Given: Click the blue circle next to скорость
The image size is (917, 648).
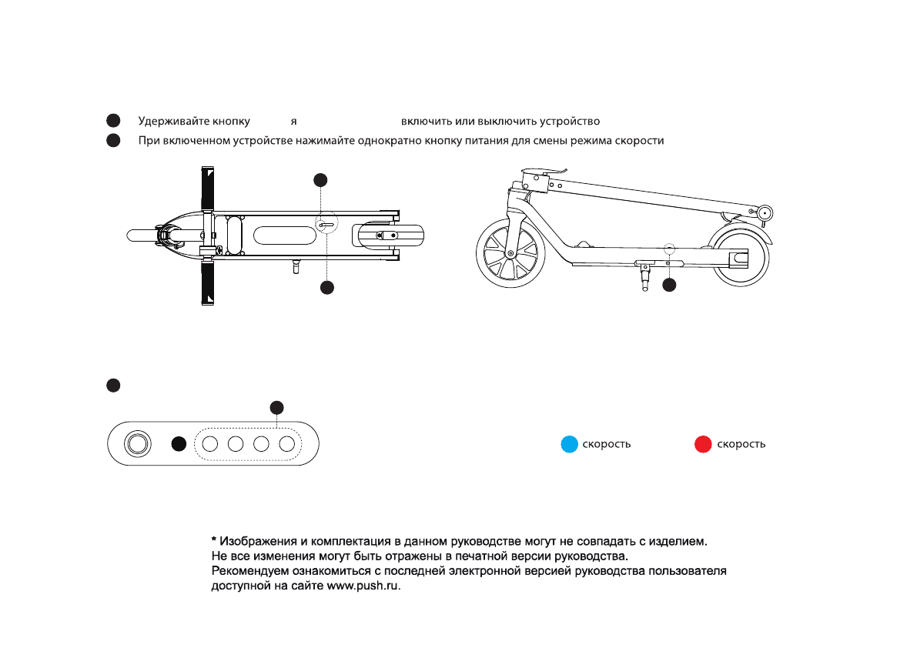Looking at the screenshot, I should (x=569, y=444).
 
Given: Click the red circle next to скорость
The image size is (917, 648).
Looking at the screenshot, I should (x=702, y=444).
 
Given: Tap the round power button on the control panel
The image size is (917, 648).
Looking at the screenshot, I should (x=138, y=444).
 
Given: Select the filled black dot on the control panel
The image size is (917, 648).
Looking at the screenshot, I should (x=179, y=444).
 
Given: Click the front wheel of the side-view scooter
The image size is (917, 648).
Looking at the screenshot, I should (x=510, y=253).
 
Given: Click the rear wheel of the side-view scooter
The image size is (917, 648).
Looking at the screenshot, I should (x=738, y=257).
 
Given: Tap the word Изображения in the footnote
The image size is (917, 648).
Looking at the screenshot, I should (x=256, y=542).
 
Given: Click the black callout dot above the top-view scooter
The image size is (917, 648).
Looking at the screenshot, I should (x=321, y=179).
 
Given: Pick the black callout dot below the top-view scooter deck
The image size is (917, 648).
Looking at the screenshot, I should (x=327, y=287).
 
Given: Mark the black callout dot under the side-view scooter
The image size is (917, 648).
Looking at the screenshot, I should (x=669, y=285).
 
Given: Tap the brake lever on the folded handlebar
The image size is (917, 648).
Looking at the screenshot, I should (x=548, y=171).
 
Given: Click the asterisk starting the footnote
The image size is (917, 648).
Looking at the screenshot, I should (x=214, y=541).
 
